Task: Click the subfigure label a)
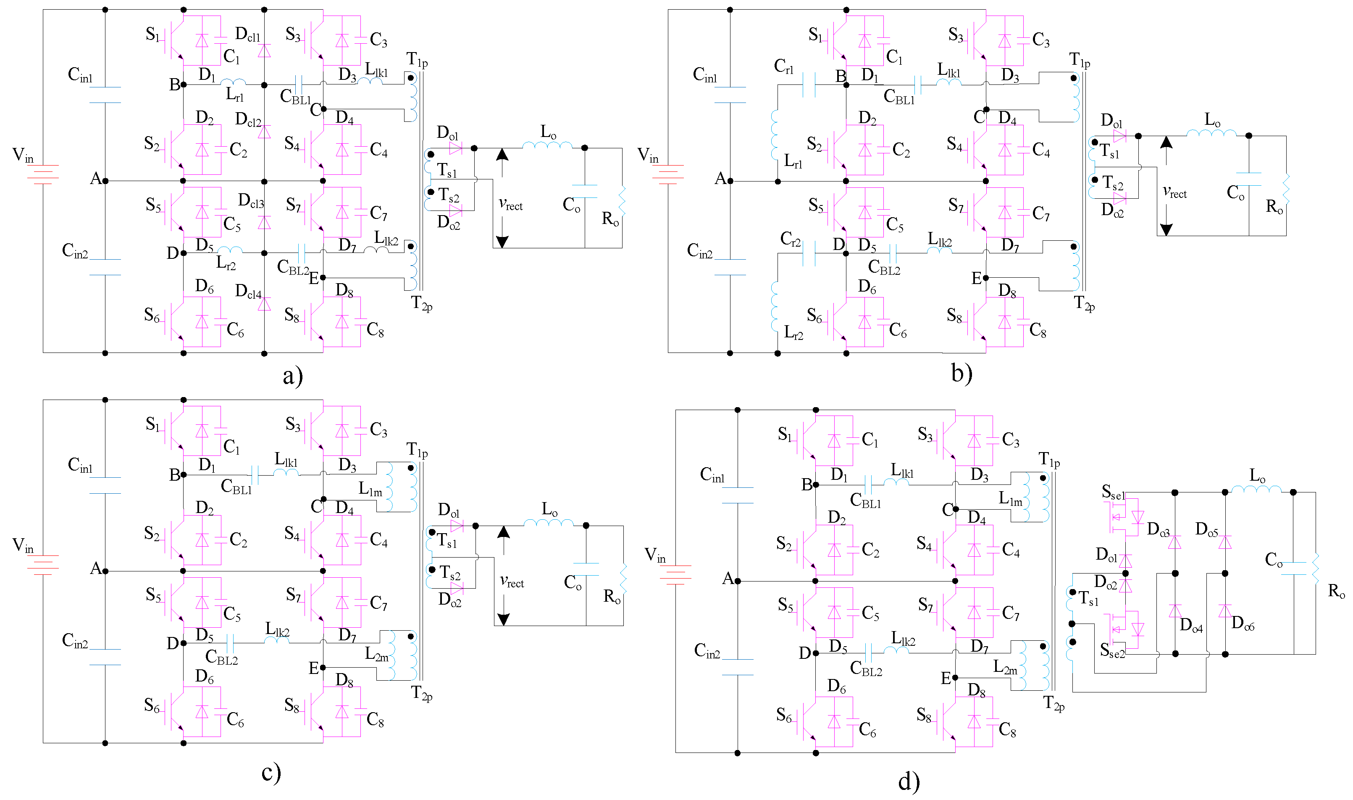click(293, 376)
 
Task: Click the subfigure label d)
click(909, 781)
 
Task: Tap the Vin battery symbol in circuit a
click(42, 174)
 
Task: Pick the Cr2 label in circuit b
click(790, 239)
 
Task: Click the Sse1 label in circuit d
click(1113, 492)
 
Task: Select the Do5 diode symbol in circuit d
click(1225, 542)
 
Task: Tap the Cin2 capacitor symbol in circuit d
click(737, 667)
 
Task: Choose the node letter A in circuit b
click(720, 179)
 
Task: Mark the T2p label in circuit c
click(421, 693)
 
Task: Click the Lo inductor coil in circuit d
click(1256, 489)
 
